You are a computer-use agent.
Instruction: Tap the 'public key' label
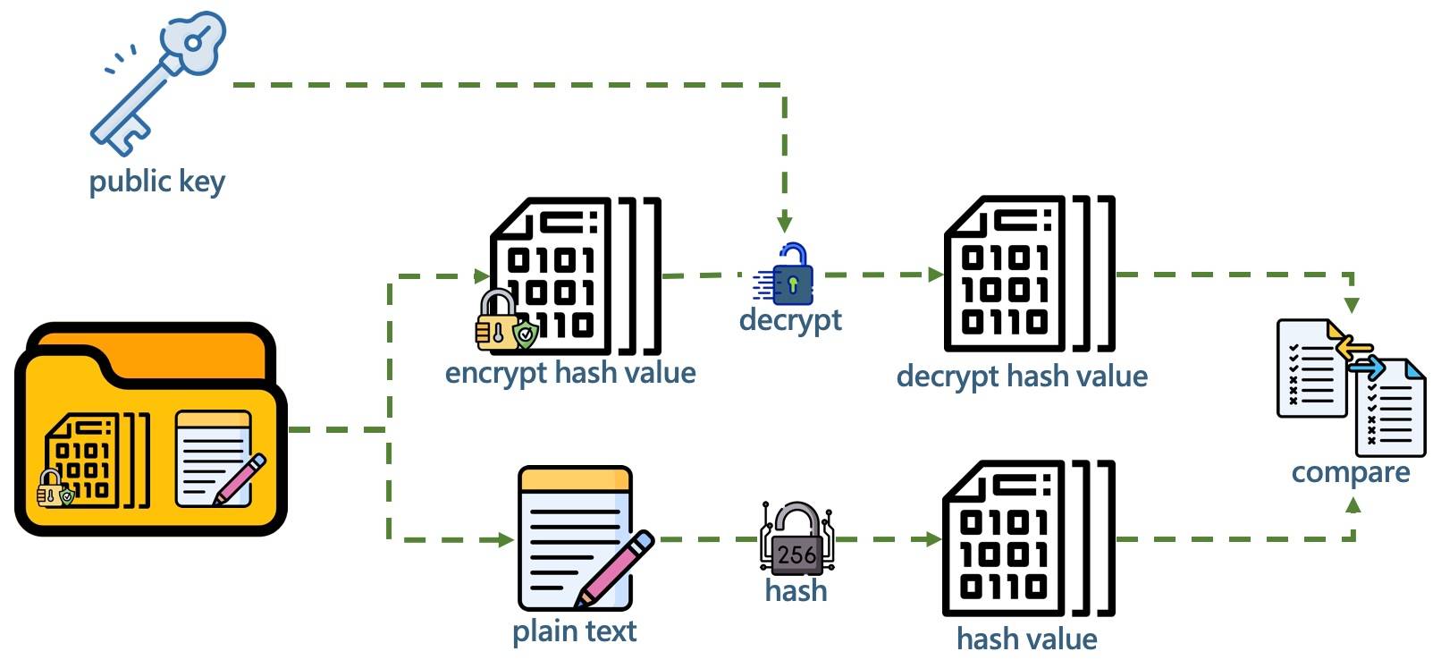click(x=157, y=182)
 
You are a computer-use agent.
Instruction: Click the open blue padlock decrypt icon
click(x=786, y=274)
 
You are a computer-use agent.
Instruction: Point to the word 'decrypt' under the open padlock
click(x=790, y=320)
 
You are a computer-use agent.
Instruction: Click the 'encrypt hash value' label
click(x=570, y=373)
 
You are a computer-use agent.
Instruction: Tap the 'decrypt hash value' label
click(x=1022, y=377)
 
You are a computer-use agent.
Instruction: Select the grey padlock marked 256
click(x=796, y=539)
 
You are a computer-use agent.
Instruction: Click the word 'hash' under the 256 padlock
click(x=796, y=590)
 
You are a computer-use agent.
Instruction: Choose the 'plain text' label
click(x=574, y=631)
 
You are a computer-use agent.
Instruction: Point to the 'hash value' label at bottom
click(x=1027, y=639)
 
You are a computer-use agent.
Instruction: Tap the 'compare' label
click(x=1351, y=473)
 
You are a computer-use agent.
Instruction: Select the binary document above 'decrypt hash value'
click(x=1028, y=274)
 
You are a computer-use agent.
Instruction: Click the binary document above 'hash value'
click(x=1028, y=537)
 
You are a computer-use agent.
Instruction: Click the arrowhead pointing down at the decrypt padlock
click(x=784, y=224)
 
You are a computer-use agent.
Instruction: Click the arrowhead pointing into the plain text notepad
click(x=506, y=539)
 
